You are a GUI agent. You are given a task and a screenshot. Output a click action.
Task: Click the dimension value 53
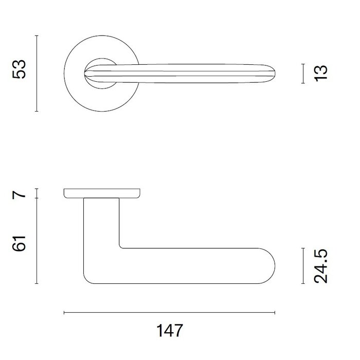pyautogui.click(x=20, y=69)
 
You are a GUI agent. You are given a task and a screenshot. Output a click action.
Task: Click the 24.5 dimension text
pyautogui.click(x=321, y=265)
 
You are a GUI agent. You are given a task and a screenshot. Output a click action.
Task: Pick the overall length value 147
pyautogui.click(x=169, y=330)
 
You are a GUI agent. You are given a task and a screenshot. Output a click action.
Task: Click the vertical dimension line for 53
pyautogui.click(x=37, y=73)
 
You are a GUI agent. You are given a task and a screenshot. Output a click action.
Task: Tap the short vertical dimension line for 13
pyautogui.click(x=302, y=73)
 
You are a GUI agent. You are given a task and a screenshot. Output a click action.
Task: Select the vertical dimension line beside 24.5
pyautogui.click(x=302, y=265)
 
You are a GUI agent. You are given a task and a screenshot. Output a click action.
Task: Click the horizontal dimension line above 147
pyautogui.click(x=169, y=312)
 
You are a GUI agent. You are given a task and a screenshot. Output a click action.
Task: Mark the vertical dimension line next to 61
pyautogui.click(x=37, y=241)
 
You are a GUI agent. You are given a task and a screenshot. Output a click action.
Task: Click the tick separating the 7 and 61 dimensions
pyautogui.click(x=37, y=199)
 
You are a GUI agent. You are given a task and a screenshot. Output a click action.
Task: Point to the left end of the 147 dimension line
pyautogui.click(x=64, y=312)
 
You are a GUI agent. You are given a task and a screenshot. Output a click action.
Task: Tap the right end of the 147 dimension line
pyautogui.click(x=275, y=312)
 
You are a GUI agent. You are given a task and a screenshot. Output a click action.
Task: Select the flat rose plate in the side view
pyautogui.click(x=103, y=193)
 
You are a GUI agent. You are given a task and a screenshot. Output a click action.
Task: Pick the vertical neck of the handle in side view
pyautogui.click(x=101, y=226)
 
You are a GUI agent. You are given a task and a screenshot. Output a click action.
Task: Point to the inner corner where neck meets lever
pyautogui.click(x=120, y=247)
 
